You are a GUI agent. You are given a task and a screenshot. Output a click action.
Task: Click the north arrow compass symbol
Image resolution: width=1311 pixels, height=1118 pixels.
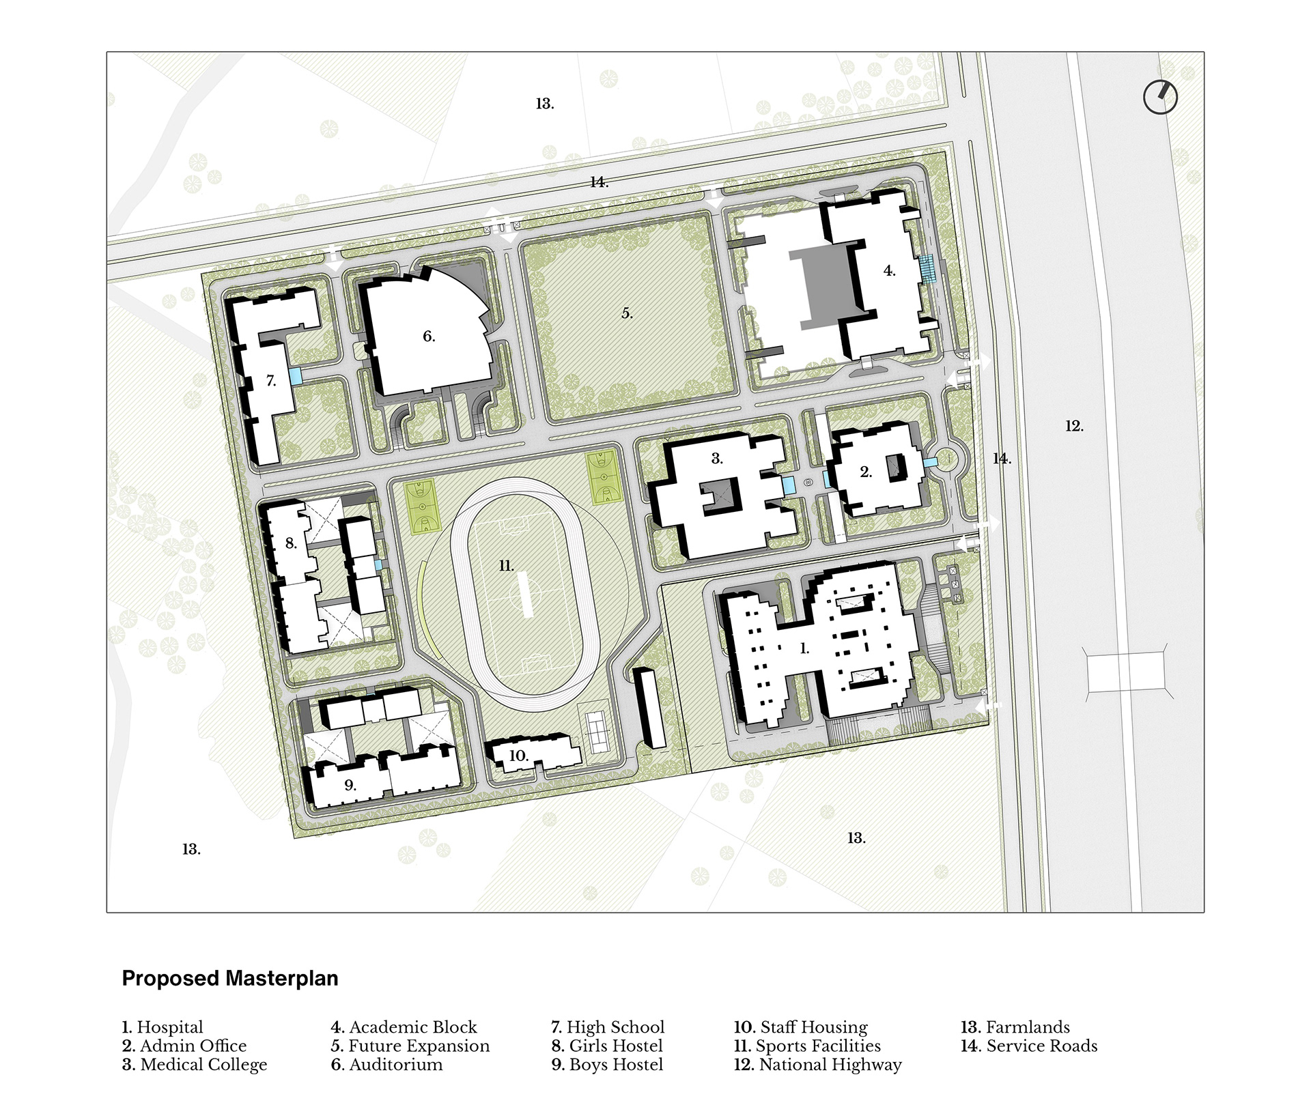click(x=1160, y=98)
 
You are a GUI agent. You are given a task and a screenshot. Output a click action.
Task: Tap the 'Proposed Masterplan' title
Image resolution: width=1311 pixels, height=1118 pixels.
click(x=230, y=979)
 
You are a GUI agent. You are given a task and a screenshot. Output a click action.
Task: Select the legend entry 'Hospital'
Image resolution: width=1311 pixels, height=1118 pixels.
click(x=163, y=1027)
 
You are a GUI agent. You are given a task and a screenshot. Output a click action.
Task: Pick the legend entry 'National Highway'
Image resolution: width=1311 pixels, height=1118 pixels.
click(x=818, y=1065)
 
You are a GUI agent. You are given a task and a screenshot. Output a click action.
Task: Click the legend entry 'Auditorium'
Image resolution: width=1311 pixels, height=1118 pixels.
click(x=386, y=1065)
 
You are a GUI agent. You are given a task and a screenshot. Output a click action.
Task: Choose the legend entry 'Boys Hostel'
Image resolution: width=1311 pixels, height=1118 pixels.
click(x=607, y=1065)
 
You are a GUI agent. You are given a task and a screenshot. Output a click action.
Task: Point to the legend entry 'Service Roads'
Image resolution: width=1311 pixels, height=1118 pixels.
click(x=1029, y=1046)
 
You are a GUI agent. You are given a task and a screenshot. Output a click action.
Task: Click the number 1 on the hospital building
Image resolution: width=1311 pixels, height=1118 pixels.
click(x=804, y=648)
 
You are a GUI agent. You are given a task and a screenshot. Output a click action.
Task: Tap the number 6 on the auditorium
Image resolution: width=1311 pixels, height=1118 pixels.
click(x=429, y=336)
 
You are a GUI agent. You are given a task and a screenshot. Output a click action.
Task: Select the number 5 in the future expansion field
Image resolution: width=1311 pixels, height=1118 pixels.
click(x=627, y=313)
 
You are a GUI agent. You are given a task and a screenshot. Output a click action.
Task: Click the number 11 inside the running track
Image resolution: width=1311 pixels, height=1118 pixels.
click(x=506, y=566)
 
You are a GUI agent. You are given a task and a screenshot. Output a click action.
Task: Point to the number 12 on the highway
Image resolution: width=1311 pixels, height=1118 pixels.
click(x=1074, y=426)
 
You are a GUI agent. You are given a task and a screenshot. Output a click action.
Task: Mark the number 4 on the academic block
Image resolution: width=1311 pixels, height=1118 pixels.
click(x=889, y=271)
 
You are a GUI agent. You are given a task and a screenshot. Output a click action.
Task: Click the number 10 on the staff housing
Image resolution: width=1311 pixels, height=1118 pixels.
click(x=519, y=756)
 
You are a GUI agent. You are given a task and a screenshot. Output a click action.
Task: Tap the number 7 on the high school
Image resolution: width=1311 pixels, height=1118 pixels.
click(x=271, y=381)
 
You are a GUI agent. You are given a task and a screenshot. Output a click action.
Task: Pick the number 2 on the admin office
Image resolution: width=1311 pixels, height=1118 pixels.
click(x=866, y=472)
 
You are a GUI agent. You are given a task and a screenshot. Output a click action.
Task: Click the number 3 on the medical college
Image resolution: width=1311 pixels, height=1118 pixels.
click(x=717, y=459)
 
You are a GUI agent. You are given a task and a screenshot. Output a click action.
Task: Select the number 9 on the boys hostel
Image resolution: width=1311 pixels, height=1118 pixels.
click(x=350, y=785)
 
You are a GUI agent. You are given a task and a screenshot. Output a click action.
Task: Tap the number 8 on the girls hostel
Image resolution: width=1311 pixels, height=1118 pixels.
click(x=291, y=543)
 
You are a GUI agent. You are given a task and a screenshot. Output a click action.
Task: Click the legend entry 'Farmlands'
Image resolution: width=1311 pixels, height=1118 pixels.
click(x=1015, y=1027)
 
